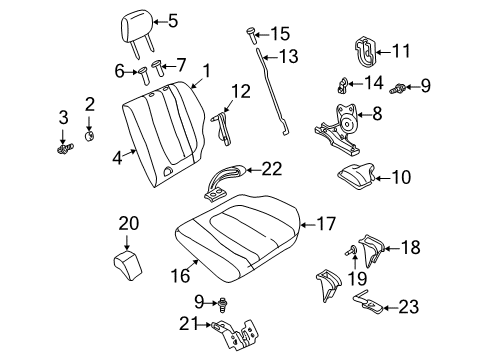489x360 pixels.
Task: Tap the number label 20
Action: (x=128, y=224)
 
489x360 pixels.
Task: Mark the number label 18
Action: (x=410, y=245)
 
